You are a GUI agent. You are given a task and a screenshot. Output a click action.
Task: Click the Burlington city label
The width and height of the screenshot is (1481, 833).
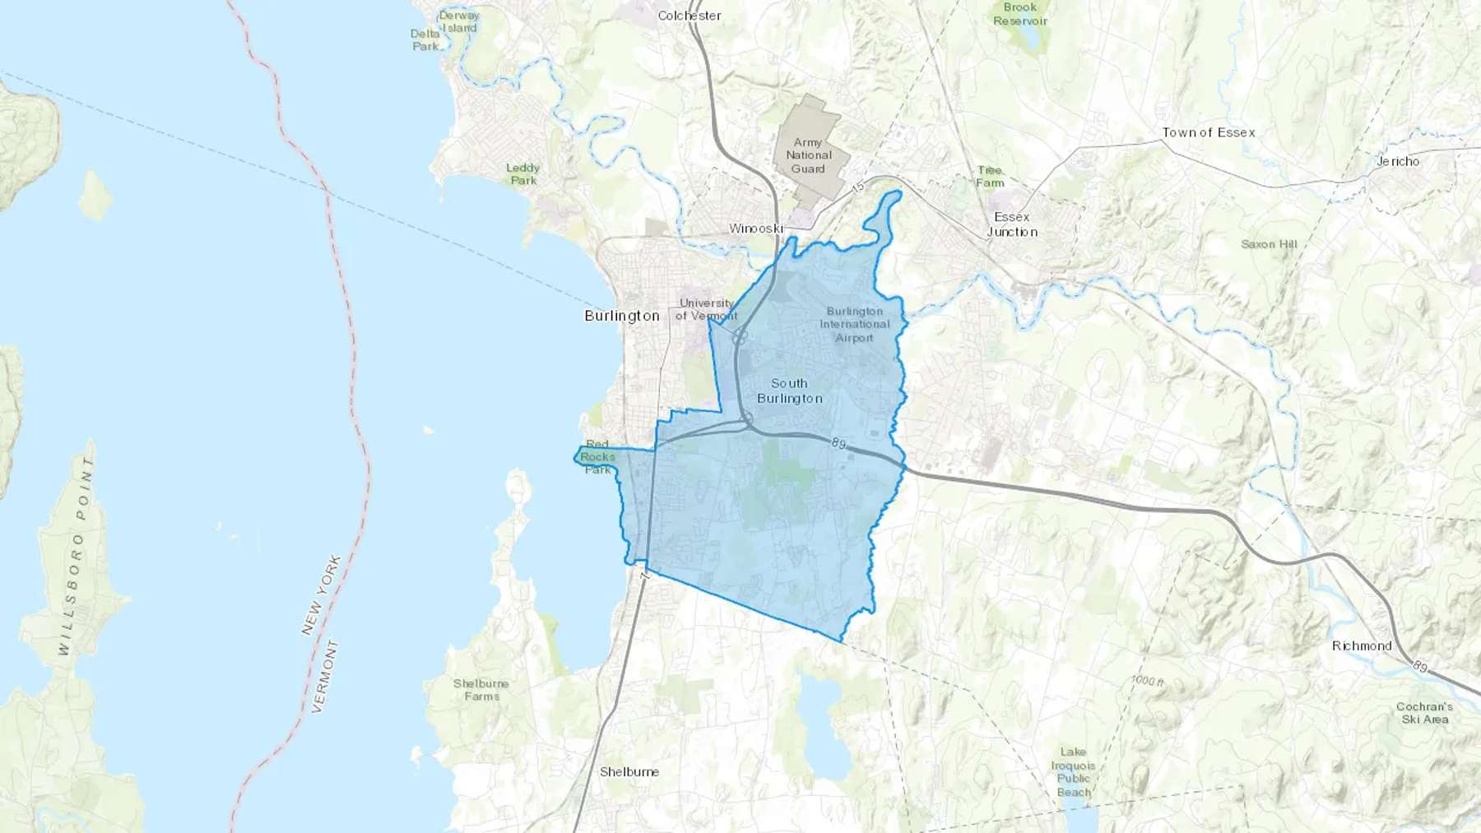click(x=622, y=316)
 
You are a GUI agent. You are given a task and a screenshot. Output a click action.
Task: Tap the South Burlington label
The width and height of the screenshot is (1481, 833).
click(x=789, y=391)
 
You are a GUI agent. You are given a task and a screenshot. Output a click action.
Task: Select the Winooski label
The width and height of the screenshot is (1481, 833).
click(x=755, y=228)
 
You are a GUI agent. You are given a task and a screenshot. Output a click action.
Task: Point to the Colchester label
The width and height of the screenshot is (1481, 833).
click(x=689, y=16)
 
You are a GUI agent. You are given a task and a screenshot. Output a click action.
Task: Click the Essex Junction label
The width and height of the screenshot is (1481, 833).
click(x=1012, y=224)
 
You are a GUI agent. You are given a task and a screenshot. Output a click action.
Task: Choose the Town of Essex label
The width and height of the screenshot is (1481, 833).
click(x=1209, y=132)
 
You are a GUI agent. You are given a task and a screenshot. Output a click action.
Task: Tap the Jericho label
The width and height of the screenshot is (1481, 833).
click(x=1398, y=161)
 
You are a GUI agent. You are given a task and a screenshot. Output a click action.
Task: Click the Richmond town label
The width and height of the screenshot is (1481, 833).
click(x=1362, y=646)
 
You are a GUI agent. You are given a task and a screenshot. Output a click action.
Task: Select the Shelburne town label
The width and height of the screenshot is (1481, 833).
click(x=629, y=771)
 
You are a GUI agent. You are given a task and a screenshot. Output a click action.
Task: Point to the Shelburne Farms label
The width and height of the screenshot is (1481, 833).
click(x=481, y=690)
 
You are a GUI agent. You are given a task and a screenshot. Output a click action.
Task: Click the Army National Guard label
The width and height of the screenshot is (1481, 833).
click(x=808, y=155)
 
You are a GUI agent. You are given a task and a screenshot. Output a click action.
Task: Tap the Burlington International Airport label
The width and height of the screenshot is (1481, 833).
click(x=855, y=324)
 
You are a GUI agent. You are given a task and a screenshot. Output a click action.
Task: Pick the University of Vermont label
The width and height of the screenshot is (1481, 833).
click(x=707, y=309)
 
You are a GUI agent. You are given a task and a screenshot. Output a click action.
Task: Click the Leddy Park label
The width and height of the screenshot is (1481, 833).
click(x=523, y=174)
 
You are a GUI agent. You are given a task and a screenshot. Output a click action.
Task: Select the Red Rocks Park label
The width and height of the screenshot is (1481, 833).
click(x=598, y=457)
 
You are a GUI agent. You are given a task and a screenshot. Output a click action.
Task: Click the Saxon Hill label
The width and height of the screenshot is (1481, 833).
click(x=1269, y=244)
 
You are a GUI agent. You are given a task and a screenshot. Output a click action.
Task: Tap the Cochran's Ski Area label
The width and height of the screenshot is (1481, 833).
click(x=1424, y=713)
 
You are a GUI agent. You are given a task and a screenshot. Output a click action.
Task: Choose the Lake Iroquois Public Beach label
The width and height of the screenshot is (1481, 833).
click(x=1074, y=772)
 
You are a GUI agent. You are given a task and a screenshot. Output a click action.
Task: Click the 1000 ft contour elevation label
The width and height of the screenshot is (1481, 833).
click(x=1147, y=681)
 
